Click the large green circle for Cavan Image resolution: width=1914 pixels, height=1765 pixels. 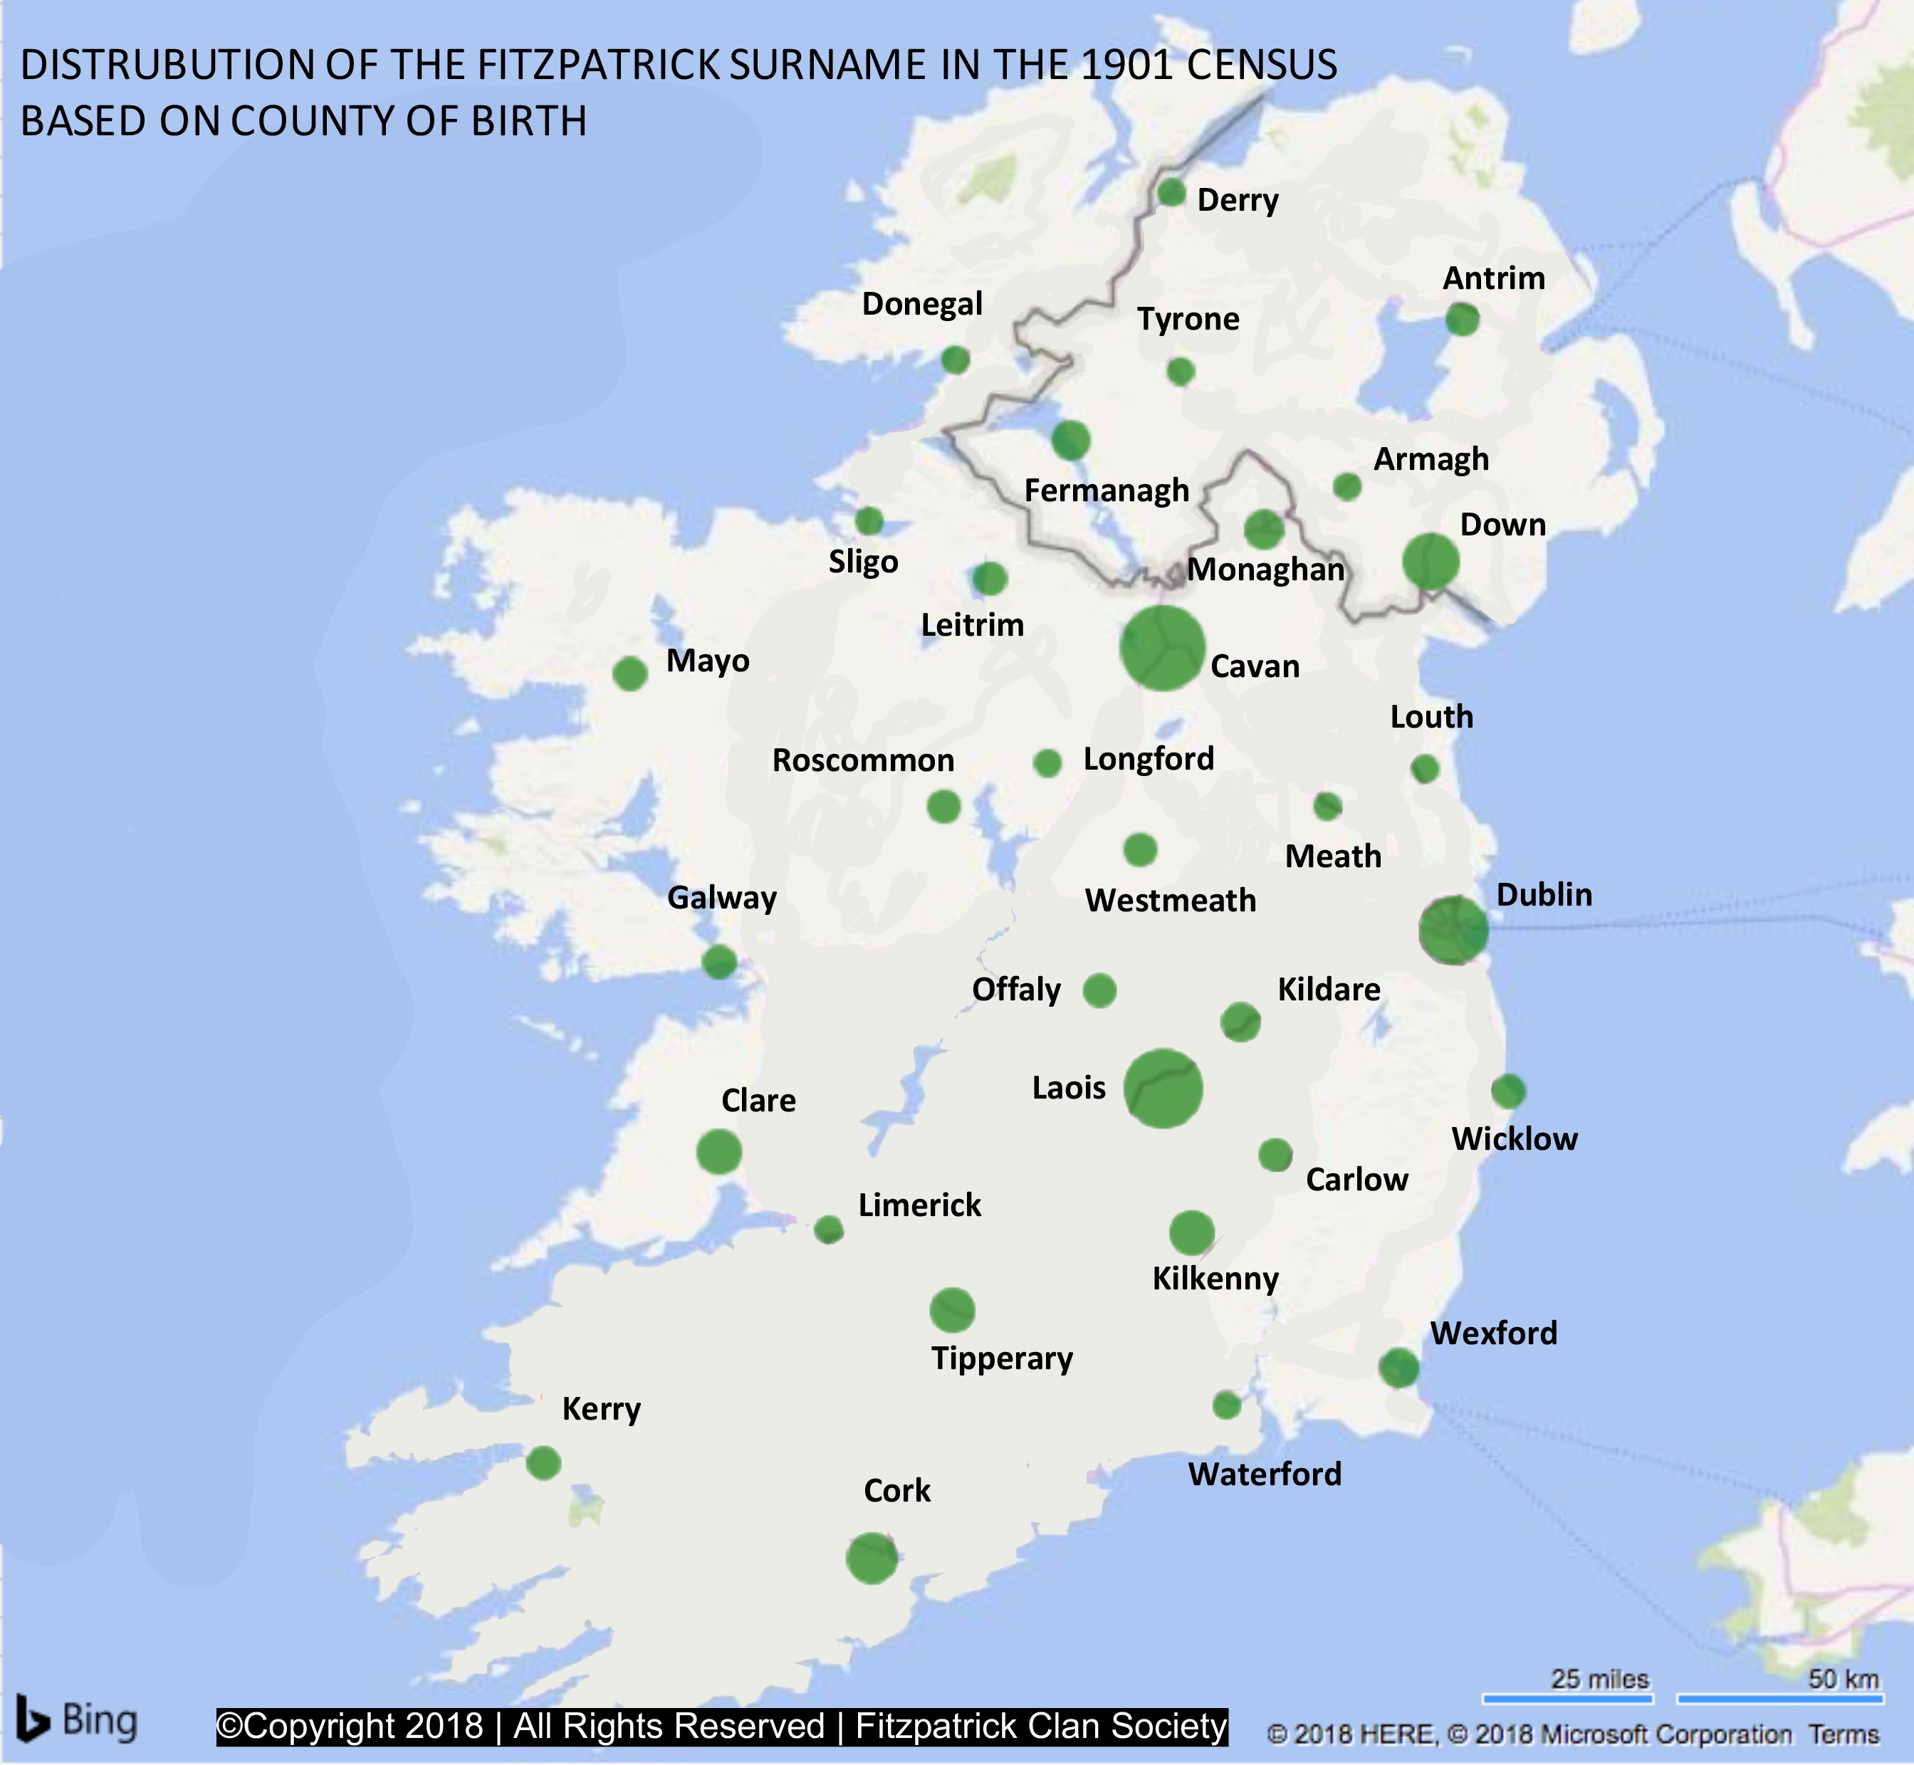[x=1161, y=648]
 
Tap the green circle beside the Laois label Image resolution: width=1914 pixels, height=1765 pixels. [x=1162, y=1088]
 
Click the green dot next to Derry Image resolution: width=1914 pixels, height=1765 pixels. [x=1171, y=193]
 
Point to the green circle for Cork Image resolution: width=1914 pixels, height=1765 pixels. [x=871, y=1558]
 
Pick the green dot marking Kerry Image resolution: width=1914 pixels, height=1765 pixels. [x=543, y=1462]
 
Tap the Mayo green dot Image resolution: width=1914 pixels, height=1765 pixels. [x=629, y=674]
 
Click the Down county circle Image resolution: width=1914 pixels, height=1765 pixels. [x=1430, y=562]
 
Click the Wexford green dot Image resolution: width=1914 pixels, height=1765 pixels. [x=1398, y=1368]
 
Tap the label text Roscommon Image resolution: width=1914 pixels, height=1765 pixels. [x=862, y=760]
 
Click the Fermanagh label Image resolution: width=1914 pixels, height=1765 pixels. [x=1106, y=491]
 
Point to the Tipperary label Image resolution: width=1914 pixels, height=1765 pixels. [x=1002, y=1358]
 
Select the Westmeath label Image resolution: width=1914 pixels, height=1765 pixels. [x=1170, y=900]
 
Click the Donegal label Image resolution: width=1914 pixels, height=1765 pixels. [x=921, y=304]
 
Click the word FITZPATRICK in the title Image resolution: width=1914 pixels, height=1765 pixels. [x=598, y=65]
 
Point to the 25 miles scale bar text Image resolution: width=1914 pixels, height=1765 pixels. [x=1599, y=1678]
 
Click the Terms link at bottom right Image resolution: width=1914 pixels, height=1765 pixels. [x=1844, y=1734]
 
